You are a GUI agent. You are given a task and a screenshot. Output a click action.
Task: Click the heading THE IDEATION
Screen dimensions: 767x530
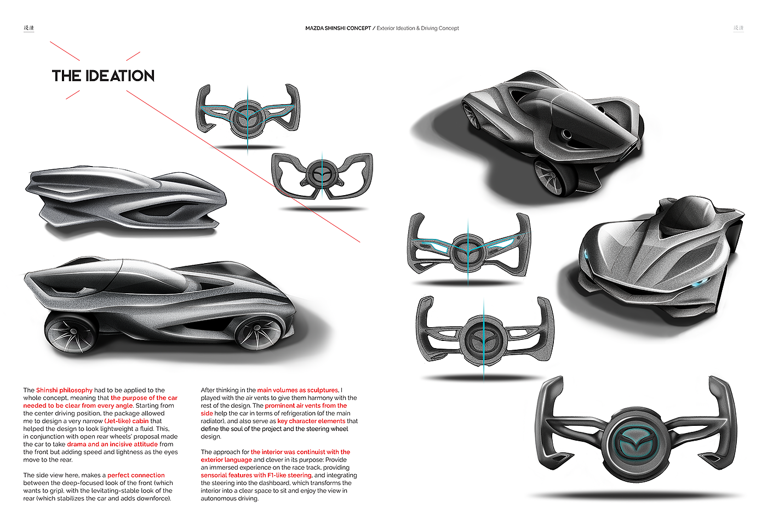pyautogui.click(x=103, y=76)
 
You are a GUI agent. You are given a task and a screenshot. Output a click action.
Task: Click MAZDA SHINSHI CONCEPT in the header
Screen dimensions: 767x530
pyautogui.click(x=338, y=28)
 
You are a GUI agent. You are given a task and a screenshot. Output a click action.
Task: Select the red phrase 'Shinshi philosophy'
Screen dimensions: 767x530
pyautogui.click(x=64, y=390)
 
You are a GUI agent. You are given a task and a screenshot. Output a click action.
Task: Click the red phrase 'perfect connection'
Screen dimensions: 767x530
pyautogui.click(x=136, y=475)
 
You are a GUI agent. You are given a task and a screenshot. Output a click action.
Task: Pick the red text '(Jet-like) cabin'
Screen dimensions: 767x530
pyautogui.click(x=127, y=421)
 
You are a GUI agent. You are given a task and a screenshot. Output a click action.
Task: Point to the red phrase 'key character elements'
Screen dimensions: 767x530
pyautogui.click(x=311, y=421)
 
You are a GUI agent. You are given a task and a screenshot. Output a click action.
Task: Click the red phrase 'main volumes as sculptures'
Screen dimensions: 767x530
pyautogui.click(x=297, y=390)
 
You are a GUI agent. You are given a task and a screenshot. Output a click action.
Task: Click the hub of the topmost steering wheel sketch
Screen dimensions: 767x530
pyautogui.click(x=248, y=116)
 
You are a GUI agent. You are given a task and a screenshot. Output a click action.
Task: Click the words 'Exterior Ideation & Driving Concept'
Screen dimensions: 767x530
pyautogui.click(x=417, y=28)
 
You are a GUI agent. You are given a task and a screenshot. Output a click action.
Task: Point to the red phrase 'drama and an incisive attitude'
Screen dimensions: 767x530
pyautogui.click(x=112, y=444)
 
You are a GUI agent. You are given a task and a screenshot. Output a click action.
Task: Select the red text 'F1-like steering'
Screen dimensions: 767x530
pyautogui.click(x=289, y=475)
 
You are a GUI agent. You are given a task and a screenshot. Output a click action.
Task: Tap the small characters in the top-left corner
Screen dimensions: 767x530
pyautogui.click(x=28, y=27)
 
